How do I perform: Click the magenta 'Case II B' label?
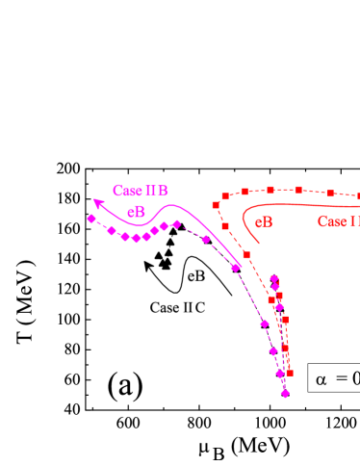pyautogui.click(x=141, y=190)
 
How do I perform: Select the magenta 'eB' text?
pyautogui.click(x=137, y=212)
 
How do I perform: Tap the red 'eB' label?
pyautogui.click(x=264, y=222)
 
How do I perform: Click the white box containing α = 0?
pyautogui.click(x=335, y=378)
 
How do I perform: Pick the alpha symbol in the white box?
pyautogui.click(x=321, y=379)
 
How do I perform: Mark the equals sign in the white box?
pyautogui.click(x=342, y=379)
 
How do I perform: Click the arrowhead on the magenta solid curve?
pyautogui.click(x=96, y=201)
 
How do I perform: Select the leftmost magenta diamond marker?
pyautogui.click(x=91, y=219)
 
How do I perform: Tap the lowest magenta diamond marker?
pyautogui.click(x=285, y=393)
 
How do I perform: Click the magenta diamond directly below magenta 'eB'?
pyautogui.click(x=137, y=238)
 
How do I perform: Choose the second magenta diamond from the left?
pyautogui.click(x=112, y=231)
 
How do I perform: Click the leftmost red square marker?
pyautogui.click(x=216, y=205)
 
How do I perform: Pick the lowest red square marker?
pyautogui.click(x=290, y=373)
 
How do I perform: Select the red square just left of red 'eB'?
pyautogui.click(x=225, y=226)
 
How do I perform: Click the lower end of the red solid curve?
pyautogui.click(x=260, y=244)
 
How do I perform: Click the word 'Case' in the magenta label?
pyautogui.click(x=127, y=190)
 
